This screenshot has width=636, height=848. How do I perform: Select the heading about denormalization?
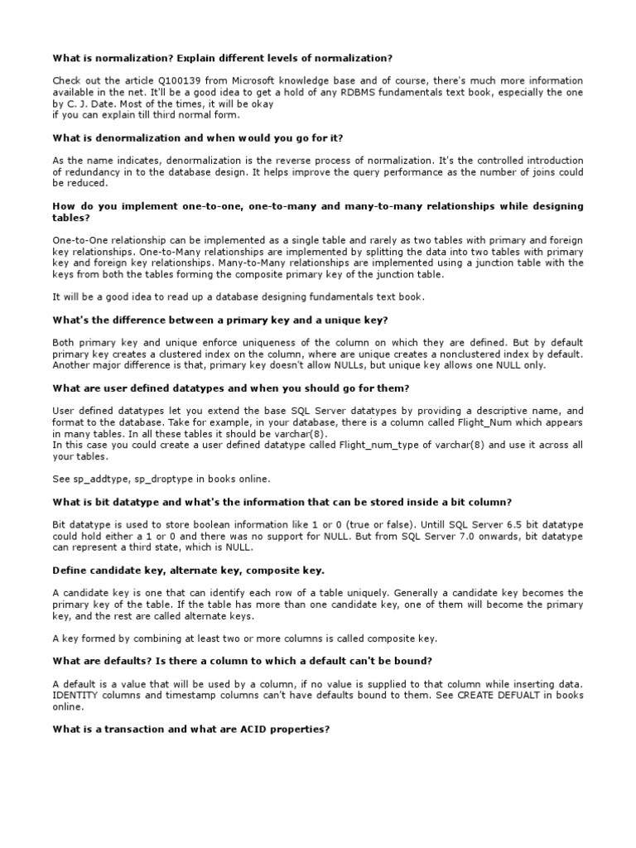(198, 137)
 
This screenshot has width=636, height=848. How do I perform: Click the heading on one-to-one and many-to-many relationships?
(317, 211)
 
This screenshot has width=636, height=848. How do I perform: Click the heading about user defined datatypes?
(231, 388)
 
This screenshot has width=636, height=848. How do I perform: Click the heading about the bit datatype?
(282, 502)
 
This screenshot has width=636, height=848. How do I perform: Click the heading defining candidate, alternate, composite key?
(189, 571)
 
